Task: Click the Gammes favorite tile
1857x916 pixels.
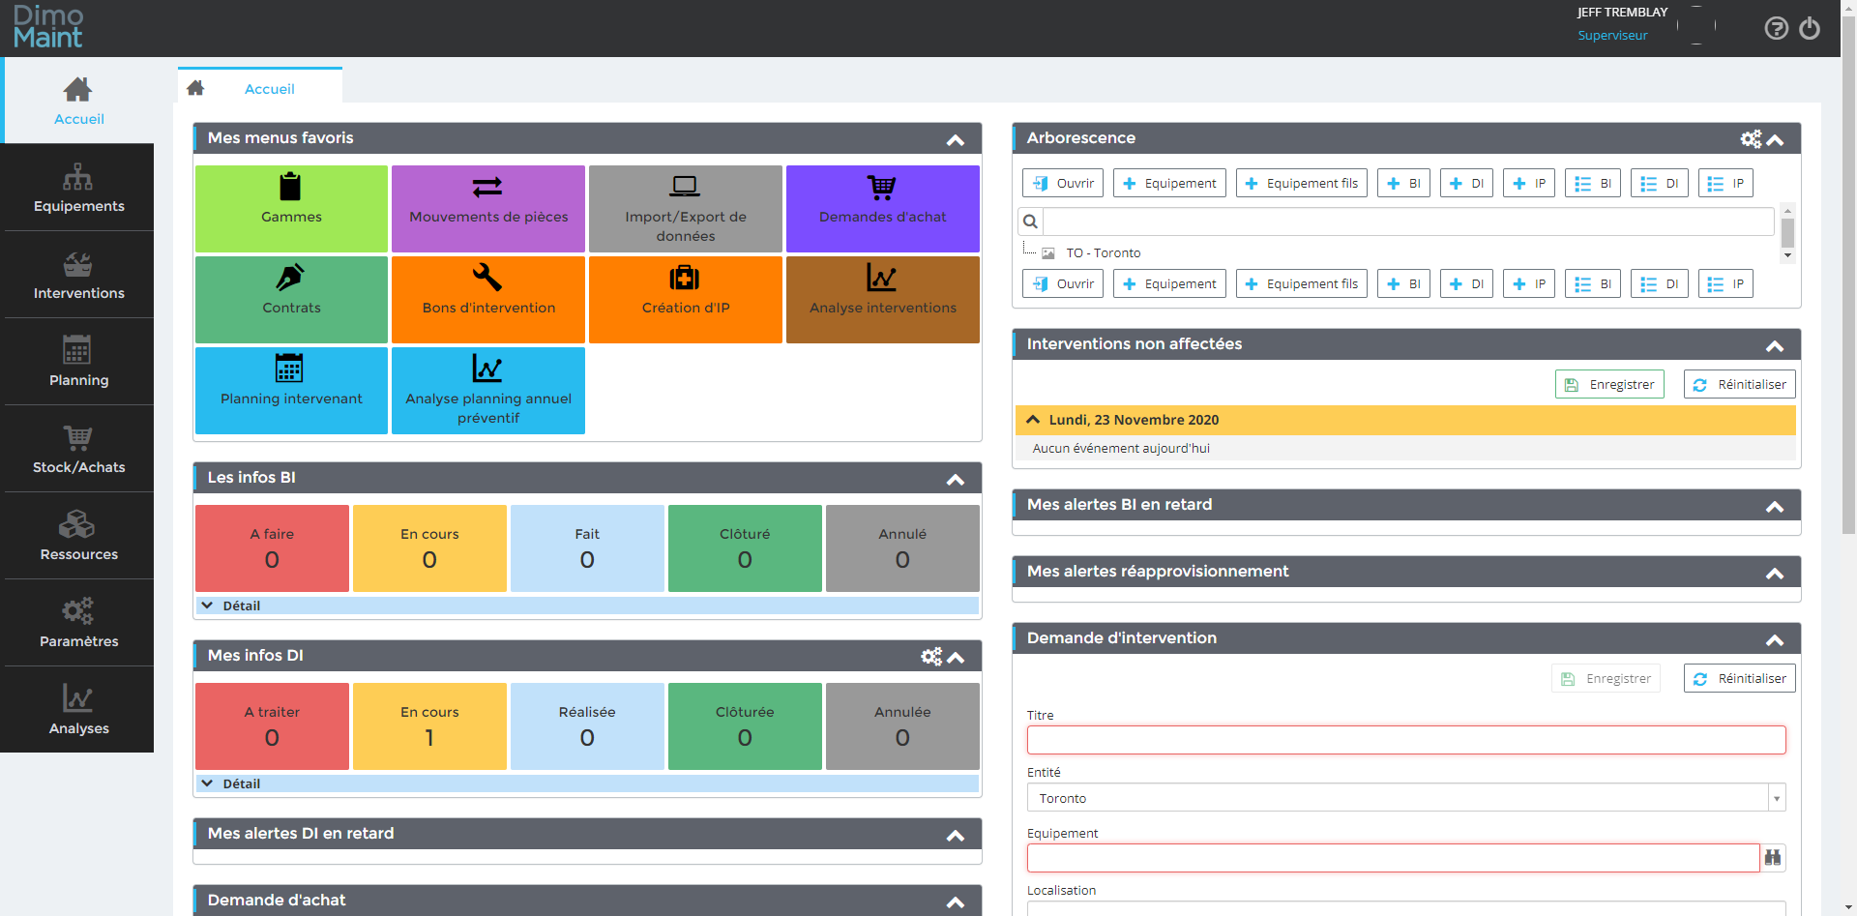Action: tap(291, 208)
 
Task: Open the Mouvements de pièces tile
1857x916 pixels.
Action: tap(488, 208)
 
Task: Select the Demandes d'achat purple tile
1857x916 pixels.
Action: tap(882, 208)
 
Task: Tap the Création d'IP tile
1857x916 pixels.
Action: tap(685, 299)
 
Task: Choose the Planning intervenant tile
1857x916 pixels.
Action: tap(291, 390)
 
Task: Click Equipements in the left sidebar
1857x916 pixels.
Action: tap(78, 188)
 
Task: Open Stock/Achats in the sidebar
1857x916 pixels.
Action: tap(78, 449)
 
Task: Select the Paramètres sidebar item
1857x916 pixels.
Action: tap(78, 623)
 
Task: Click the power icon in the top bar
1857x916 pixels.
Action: tap(1810, 29)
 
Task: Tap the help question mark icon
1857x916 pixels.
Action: tap(1776, 29)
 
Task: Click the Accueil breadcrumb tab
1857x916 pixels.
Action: tap(269, 89)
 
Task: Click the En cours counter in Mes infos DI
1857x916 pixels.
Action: tap(429, 725)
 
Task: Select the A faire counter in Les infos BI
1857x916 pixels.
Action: tap(272, 547)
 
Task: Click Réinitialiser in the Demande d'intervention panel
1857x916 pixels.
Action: tap(1739, 678)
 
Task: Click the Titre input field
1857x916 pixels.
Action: tap(1405, 740)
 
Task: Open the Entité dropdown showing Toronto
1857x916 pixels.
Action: tap(1405, 798)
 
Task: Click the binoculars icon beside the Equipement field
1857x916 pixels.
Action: tap(1773, 858)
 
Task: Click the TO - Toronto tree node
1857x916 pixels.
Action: tap(1103, 253)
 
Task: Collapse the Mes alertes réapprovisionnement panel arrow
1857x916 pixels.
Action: tap(1775, 574)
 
